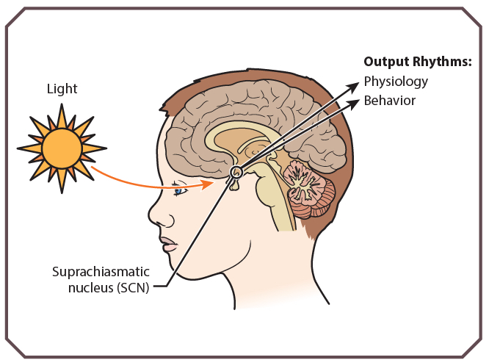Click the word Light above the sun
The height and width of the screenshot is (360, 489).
(62, 89)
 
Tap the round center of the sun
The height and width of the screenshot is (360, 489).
(62, 148)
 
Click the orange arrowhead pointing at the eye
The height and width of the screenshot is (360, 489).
(208, 184)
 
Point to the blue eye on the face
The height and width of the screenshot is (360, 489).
(178, 191)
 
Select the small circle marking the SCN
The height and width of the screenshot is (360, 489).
(236, 172)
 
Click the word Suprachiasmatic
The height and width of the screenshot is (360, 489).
(101, 272)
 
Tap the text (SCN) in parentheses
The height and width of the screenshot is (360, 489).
(133, 287)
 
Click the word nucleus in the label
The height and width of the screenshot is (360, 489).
(91, 288)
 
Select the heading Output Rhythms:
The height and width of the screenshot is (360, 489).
(418, 62)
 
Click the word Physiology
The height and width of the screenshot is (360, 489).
(396, 82)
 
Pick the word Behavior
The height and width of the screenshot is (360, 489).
(390, 101)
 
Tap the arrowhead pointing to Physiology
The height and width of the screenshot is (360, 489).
(353, 87)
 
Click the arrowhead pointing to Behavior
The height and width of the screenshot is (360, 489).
(354, 104)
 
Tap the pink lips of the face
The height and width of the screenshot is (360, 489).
(169, 244)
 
